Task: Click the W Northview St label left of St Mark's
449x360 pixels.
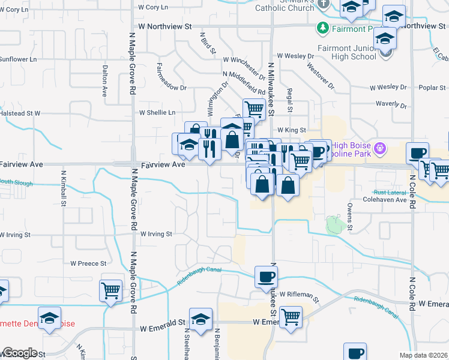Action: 164,27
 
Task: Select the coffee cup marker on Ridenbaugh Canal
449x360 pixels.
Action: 266,277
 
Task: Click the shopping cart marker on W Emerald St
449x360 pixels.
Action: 291,317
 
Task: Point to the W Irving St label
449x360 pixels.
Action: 156,234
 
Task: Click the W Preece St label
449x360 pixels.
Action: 88,263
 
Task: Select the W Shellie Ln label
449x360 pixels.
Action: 157,112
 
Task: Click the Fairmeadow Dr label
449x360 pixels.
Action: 172,77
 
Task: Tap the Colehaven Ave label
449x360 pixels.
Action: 385,199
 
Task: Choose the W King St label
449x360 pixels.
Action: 292,130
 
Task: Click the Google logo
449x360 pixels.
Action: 19,353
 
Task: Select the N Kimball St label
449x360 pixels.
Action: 63,187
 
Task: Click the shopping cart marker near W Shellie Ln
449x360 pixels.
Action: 254,109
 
